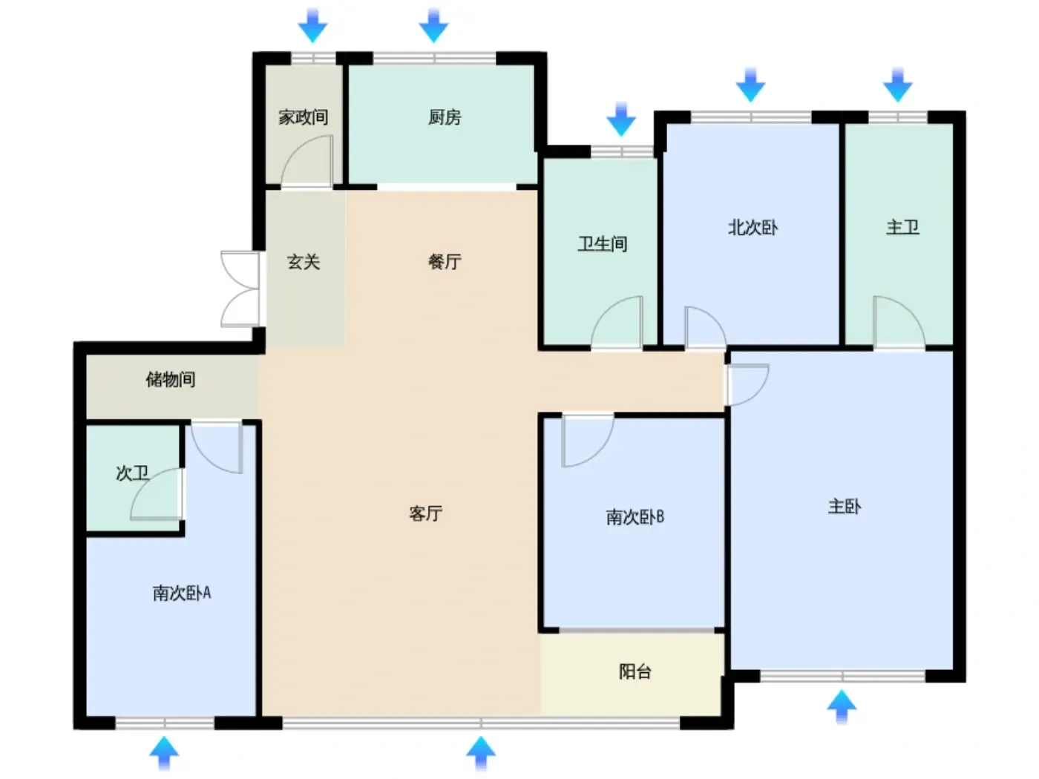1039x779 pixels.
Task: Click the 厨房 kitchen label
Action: click(x=444, y=116)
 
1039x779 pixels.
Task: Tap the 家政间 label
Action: click(x=303, y=116)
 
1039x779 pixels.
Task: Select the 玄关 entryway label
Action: click(x=303, y=262)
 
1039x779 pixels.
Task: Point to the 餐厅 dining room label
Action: click(x=444, y=262)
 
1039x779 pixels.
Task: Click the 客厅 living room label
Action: click(x=425, y=513)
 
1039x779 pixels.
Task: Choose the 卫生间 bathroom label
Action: click(x=602, y=244)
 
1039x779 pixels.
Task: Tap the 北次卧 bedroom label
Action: click(x=753, y=228)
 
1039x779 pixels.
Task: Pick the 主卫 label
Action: click(x=902, y=228)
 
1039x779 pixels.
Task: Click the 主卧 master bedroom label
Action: click(x=844, y=507)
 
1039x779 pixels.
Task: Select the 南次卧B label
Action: click(x=635, y=517)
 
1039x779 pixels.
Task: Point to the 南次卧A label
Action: click(x=181, y=593)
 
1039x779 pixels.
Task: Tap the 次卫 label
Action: click(x=132, y=473)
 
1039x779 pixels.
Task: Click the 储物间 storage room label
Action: click(x=171, y=379)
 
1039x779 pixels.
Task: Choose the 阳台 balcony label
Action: click(x=635, y=671)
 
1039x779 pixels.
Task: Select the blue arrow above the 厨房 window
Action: click(x=433, y=25)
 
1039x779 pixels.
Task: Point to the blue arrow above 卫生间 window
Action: click(x=621, y=119)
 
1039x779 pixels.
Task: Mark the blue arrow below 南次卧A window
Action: click(x=164, y=754)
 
